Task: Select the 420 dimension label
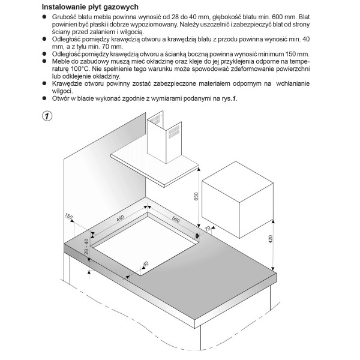pos(271,240)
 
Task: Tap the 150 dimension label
pos(68,217)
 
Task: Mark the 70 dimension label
pos(208,229)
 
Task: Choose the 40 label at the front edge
pos(145,263)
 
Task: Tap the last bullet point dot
pos(46,98)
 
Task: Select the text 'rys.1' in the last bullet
pos(227,98)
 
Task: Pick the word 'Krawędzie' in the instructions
pos(70,83)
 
